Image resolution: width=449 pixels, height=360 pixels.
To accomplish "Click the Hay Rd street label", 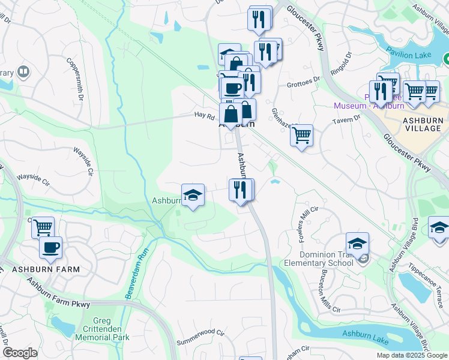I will (204, 115).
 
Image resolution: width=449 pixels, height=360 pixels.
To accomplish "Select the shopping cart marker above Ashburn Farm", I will (43, 227).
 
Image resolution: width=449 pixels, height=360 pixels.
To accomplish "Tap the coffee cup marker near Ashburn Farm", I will (50, 247).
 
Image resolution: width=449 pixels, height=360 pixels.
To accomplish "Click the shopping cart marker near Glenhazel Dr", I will (301, 134).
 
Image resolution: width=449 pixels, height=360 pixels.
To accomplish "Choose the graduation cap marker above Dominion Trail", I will (357, 243).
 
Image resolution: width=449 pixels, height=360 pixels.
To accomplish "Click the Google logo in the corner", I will (20, 353).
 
